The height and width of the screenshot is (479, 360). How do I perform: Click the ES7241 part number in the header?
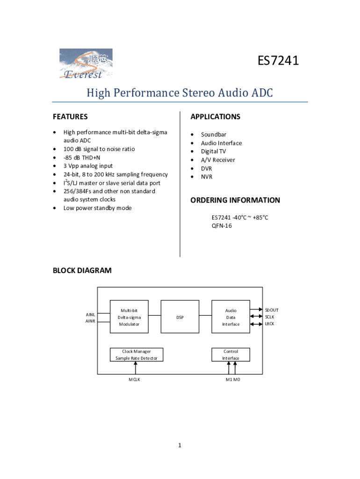pyautogui.click(x=278, y=61)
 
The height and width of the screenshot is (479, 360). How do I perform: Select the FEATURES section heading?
pyautogui.click(x=70, y=116)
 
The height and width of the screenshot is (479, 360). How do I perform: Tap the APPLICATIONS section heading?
pyautogui.click(x=215, y=116)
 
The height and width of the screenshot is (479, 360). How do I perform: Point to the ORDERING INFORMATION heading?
pyautogui.click(x=235, y=200)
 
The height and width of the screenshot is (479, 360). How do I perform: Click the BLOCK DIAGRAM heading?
pyautogui.click(x=82, y=270)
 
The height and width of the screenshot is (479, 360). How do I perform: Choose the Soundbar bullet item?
pyautogui.click(x=214, y=135)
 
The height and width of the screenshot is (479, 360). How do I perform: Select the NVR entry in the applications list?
pyautogui.click(x=207, y=177)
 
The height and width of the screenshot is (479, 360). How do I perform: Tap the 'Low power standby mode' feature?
pyautogui.click(x=98, y=208)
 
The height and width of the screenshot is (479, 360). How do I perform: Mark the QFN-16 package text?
pyautogui.click(x=222, y=226)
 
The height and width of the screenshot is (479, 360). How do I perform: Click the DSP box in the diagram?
pyautogui.click(x=180, y=317)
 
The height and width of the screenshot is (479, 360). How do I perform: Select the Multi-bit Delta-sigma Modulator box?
pyautogui.click(x=129, y=317)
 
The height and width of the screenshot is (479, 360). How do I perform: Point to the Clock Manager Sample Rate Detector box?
pyautogui.click(x=137, y=355)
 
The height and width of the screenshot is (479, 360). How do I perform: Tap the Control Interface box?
pyautogui.click(x=230, y=355)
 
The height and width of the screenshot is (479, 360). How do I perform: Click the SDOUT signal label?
pyautogui.click(x=272, y=310)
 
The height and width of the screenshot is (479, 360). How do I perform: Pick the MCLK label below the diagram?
pyautogui.click(x=135, y=379)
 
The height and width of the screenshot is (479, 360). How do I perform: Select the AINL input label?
pyautogui.click(x=91, y=314)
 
